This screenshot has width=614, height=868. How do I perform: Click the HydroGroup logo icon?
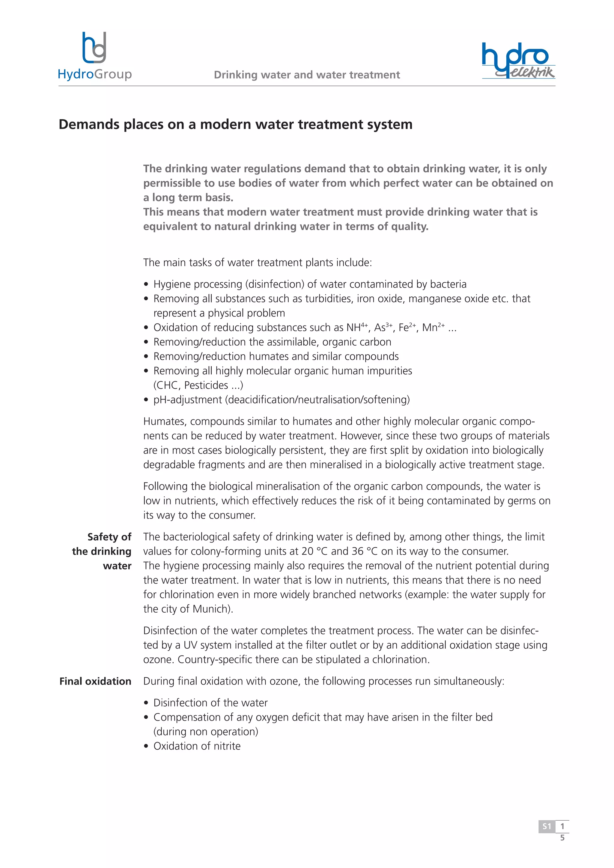pyautogui.click(x=94, y=48)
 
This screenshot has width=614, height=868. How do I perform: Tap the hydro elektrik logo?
pyautogui.click(x=518, y=61)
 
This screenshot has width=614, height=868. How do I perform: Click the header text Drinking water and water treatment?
pyautogui.click(x=307, y=75)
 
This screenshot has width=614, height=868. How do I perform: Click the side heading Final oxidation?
pyautogui.click(x=95, y=681)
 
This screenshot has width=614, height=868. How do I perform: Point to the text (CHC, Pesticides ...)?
pyautogui.click(x=198, y=385)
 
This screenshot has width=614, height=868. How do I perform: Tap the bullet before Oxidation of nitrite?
pyautogui.click(x=146, y=747)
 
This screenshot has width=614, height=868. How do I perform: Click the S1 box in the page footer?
pyautogui.click(x=547, y=826)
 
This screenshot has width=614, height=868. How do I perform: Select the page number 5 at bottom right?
pyautogui.click(x=562, y=838)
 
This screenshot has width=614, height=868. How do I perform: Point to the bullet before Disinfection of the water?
pyautogui.click(x=146, y=703)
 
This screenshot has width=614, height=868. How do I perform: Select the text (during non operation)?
pyautogui.click(x=206, y=732)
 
